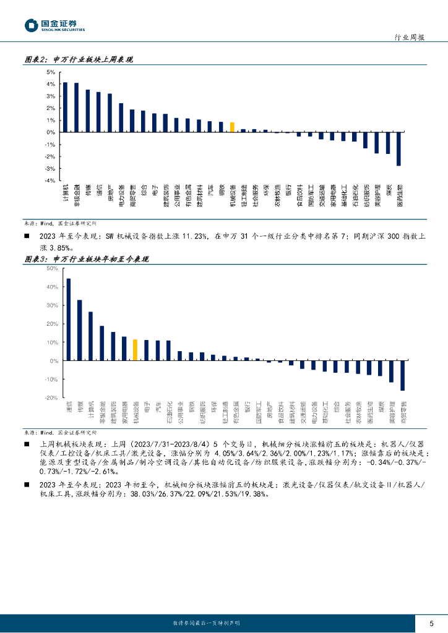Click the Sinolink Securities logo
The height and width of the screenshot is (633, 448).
(54, 25)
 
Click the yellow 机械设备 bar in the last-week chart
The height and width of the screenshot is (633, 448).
(232, 127)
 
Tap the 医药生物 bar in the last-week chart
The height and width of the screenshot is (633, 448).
(399, 148)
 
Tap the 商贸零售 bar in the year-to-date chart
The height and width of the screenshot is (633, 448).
(402, 375)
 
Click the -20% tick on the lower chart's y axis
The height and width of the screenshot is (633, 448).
(50, 397)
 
